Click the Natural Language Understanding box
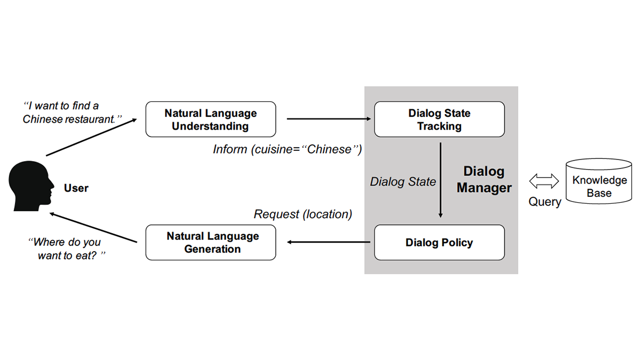click(x=211, y=119)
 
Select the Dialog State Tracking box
click(x=439, y=119)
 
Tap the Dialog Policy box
click(x=439, y=243)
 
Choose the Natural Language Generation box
click(x=211, y=243)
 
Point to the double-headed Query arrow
click(x=544, y=182)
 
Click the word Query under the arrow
click(x=545, y=202)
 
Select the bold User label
click(x=76, y=188)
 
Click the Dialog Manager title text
click(x=484, y=180)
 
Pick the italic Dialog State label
click(x=403, y=182)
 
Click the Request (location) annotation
click(x=303, y=214)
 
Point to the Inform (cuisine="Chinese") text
click(x=287, y=149)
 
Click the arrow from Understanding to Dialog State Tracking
click(x=329, y=119)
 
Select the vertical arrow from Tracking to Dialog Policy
click(x=441, y=179)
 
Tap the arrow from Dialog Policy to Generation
click(x=329, y=243)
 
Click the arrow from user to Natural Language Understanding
click(x=91, y=138)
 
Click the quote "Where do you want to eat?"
click(x=67, y=249)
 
